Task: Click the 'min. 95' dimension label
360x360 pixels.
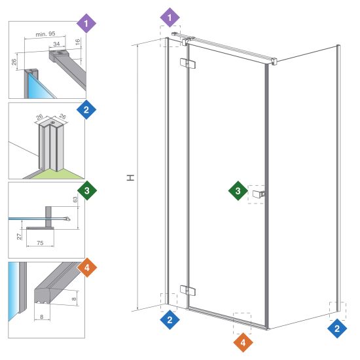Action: (x=45, y=34)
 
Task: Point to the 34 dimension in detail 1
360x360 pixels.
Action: (x=56, y=44)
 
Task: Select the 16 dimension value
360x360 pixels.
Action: (x=78, y=42)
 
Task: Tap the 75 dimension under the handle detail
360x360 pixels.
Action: (x=40, y=243)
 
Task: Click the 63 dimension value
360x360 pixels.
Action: (x=75, y=199)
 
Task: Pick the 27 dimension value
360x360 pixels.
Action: (x=19, y=236)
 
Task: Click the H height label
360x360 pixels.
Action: (x=131, y=177)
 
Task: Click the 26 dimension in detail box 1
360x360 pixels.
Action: (x=14, y=62)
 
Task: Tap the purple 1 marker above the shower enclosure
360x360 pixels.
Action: (x=170, y=18)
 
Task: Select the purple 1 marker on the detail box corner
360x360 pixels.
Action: (x=86, y=23)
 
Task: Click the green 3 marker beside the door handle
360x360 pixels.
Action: (x=238, y=190)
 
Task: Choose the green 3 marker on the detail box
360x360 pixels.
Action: (x=87, y=190)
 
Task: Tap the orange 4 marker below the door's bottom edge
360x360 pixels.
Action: (x=243, y=342)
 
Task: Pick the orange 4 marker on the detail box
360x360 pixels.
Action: (x=87, y=268)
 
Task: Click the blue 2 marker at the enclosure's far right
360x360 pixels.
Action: (x=337, y=329)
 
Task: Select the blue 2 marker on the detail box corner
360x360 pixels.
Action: (x=86, y=109)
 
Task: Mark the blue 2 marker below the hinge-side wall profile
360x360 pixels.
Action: (x=170, y=319)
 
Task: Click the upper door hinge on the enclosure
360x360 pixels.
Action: (x=188, y=64)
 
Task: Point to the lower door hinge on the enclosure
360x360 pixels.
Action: (x=188, y=291)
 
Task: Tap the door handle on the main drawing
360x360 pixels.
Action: (x=259, y=194)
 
